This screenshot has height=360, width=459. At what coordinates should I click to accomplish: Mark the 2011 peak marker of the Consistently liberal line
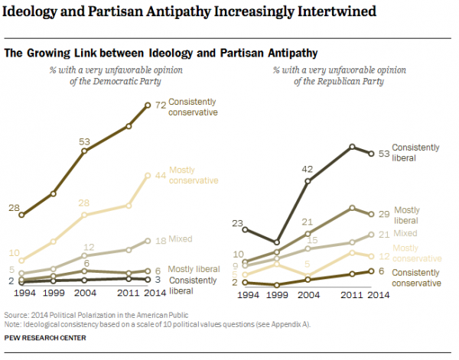point(352,146)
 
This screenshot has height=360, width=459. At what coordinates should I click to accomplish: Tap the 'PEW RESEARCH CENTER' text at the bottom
point(45,337)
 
